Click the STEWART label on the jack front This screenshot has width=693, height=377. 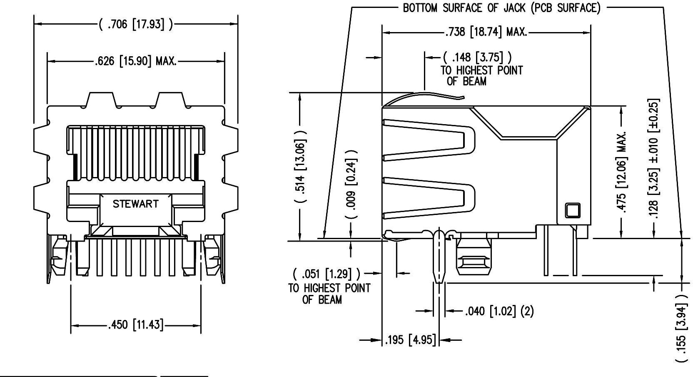click(x=135, y=204)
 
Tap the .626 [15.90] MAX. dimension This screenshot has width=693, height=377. click(x=136, y=62)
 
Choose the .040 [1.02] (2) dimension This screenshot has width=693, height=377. click(x=499, y=311)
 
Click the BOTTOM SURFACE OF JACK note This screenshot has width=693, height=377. click(x=501, y=8)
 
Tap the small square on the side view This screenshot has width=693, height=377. click(x=572, y=210)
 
